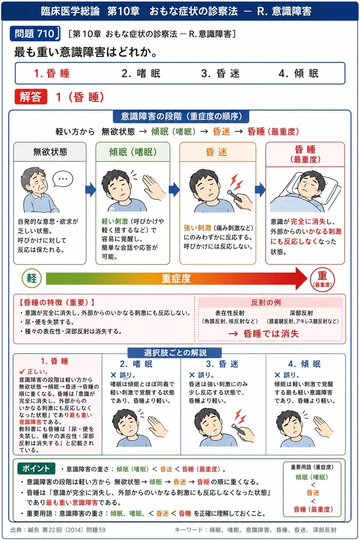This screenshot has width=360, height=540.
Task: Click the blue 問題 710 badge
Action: (35, 33)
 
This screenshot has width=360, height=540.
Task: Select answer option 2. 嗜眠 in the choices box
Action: (141, 73)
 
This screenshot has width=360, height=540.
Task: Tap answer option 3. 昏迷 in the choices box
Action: (220, 73)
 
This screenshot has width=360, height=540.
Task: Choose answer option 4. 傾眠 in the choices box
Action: (298, 73)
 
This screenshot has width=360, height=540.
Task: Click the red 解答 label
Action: (31, 97)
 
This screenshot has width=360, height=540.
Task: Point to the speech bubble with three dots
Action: (63, 179)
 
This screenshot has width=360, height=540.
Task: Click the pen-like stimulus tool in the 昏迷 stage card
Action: (234, 196)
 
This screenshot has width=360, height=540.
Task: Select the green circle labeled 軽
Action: (32, 278)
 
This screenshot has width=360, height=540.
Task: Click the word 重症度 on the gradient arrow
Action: (176, 279)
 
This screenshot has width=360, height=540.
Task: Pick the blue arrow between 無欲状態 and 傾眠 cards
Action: (91, 190)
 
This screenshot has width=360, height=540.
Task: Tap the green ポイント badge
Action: (36, 468)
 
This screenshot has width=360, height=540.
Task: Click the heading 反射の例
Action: (266, 302)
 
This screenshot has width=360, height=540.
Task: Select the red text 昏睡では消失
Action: (271, 334)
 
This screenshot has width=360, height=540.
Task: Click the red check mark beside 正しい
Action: (22, 371)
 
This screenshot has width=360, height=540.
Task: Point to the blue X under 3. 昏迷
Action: (192, 375)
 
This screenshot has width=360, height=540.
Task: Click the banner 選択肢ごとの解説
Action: (175, 353)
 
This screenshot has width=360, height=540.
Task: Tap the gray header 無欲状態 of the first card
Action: (50, 152)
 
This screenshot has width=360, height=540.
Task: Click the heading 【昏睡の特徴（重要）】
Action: (57, 302)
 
